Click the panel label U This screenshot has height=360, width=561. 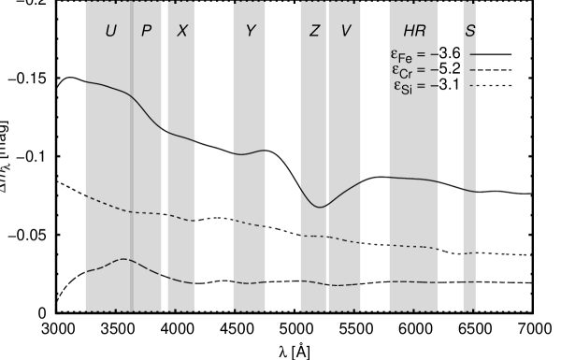click(111, 31)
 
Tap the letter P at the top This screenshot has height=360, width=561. click(146, 31)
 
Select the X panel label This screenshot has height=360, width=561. click(182, 31)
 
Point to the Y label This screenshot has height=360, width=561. click(251, 31)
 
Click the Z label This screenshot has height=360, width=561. click(314, 31)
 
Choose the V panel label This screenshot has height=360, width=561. click(346, 31)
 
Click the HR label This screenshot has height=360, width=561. click(413, 31)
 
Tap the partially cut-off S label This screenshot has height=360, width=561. click(470, 31)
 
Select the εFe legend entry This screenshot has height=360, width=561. click(412, 55)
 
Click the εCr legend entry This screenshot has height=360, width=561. click(412, 70)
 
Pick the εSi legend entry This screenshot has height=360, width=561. click(412, 86)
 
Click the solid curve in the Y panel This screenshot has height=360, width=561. click(250, 152)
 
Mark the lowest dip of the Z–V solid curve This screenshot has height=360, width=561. click(320, 207)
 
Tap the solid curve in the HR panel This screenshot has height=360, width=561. click(413, 178)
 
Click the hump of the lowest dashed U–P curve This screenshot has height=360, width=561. click(122, 259)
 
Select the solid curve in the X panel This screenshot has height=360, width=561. click(180, 137)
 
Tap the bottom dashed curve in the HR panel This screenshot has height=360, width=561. click(413, 281)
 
